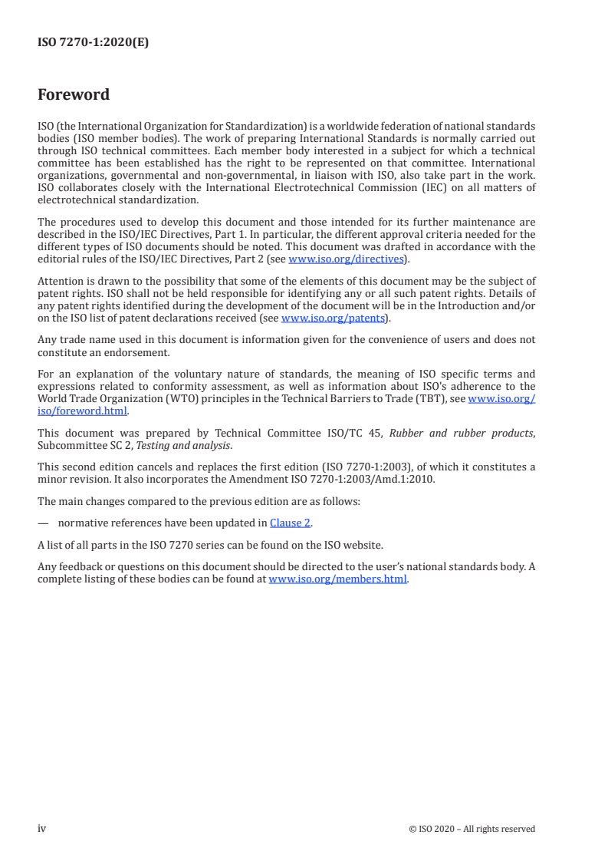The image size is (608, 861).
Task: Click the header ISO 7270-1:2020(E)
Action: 93,43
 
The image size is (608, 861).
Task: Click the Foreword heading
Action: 74,95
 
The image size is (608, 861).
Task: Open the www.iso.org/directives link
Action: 346,259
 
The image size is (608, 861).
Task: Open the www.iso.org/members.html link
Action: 337,579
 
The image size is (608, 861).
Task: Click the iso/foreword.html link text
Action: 83,411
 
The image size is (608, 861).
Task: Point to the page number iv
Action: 42,828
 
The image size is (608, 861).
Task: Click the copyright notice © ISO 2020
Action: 472,829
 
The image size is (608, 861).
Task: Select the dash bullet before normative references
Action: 43,524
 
